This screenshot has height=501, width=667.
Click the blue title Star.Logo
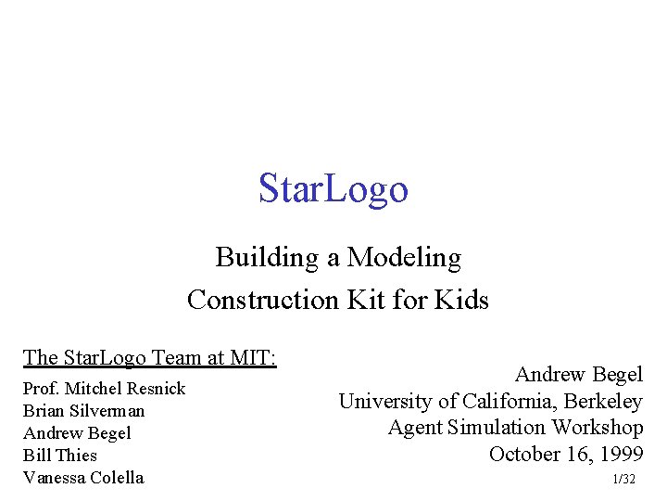pos(333,188)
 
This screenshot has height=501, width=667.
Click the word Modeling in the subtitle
pos(404,257)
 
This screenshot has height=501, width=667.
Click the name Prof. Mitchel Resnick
pos(104,389)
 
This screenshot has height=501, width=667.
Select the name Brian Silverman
pos(83,411)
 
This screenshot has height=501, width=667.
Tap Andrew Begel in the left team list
pos(77,433)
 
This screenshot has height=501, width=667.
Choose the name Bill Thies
pos(59,456)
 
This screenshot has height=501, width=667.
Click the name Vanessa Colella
pos(83,478)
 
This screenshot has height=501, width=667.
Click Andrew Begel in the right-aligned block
pos(578,375)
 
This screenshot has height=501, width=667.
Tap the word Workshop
pos(598,428)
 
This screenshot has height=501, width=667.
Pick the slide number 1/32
pos(624,480)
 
